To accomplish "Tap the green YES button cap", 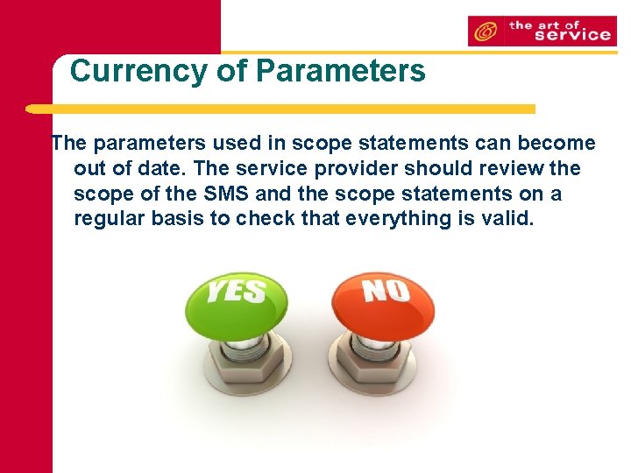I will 238,302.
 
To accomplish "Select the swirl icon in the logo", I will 484,32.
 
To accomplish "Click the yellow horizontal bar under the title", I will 280,109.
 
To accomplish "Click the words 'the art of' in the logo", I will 545,25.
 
